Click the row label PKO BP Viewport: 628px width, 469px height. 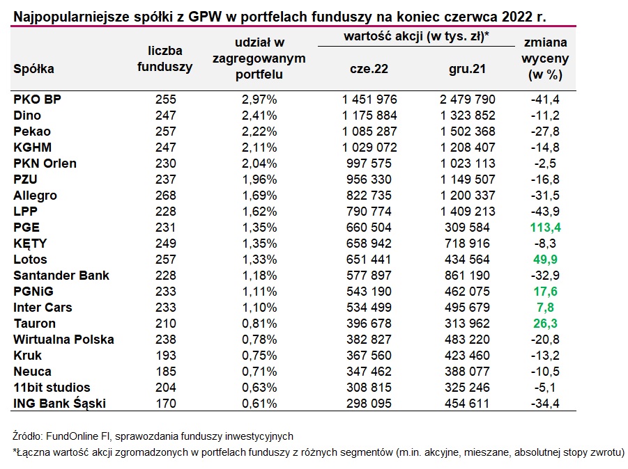tap(37, 99)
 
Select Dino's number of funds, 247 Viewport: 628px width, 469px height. tap(165, 115)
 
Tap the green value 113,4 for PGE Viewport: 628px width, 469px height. tap(545, 227)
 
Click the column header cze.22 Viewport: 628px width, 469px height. tap(369, 69)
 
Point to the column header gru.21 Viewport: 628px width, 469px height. tap(467, 69)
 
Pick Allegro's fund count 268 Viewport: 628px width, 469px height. tap(165, 195)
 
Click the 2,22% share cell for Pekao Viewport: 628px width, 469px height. tap(259, 131)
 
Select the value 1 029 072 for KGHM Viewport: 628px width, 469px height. tap(369, 147)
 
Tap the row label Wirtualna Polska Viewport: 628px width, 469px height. tap(63, 339)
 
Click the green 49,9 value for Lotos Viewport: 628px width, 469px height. tap(545, 259)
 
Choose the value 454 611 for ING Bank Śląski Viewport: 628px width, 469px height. tap(467, 403)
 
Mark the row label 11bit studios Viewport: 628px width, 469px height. tap(52, 387)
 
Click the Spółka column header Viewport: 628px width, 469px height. tap(33, 69)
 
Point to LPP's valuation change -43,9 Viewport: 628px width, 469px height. tap(545, 211)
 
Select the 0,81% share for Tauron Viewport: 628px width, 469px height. tap(259, 323)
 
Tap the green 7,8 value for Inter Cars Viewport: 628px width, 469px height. tap(545, 307)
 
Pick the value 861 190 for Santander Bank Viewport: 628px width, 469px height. tap(467, 275)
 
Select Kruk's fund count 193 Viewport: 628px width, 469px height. tap(165, 355)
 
